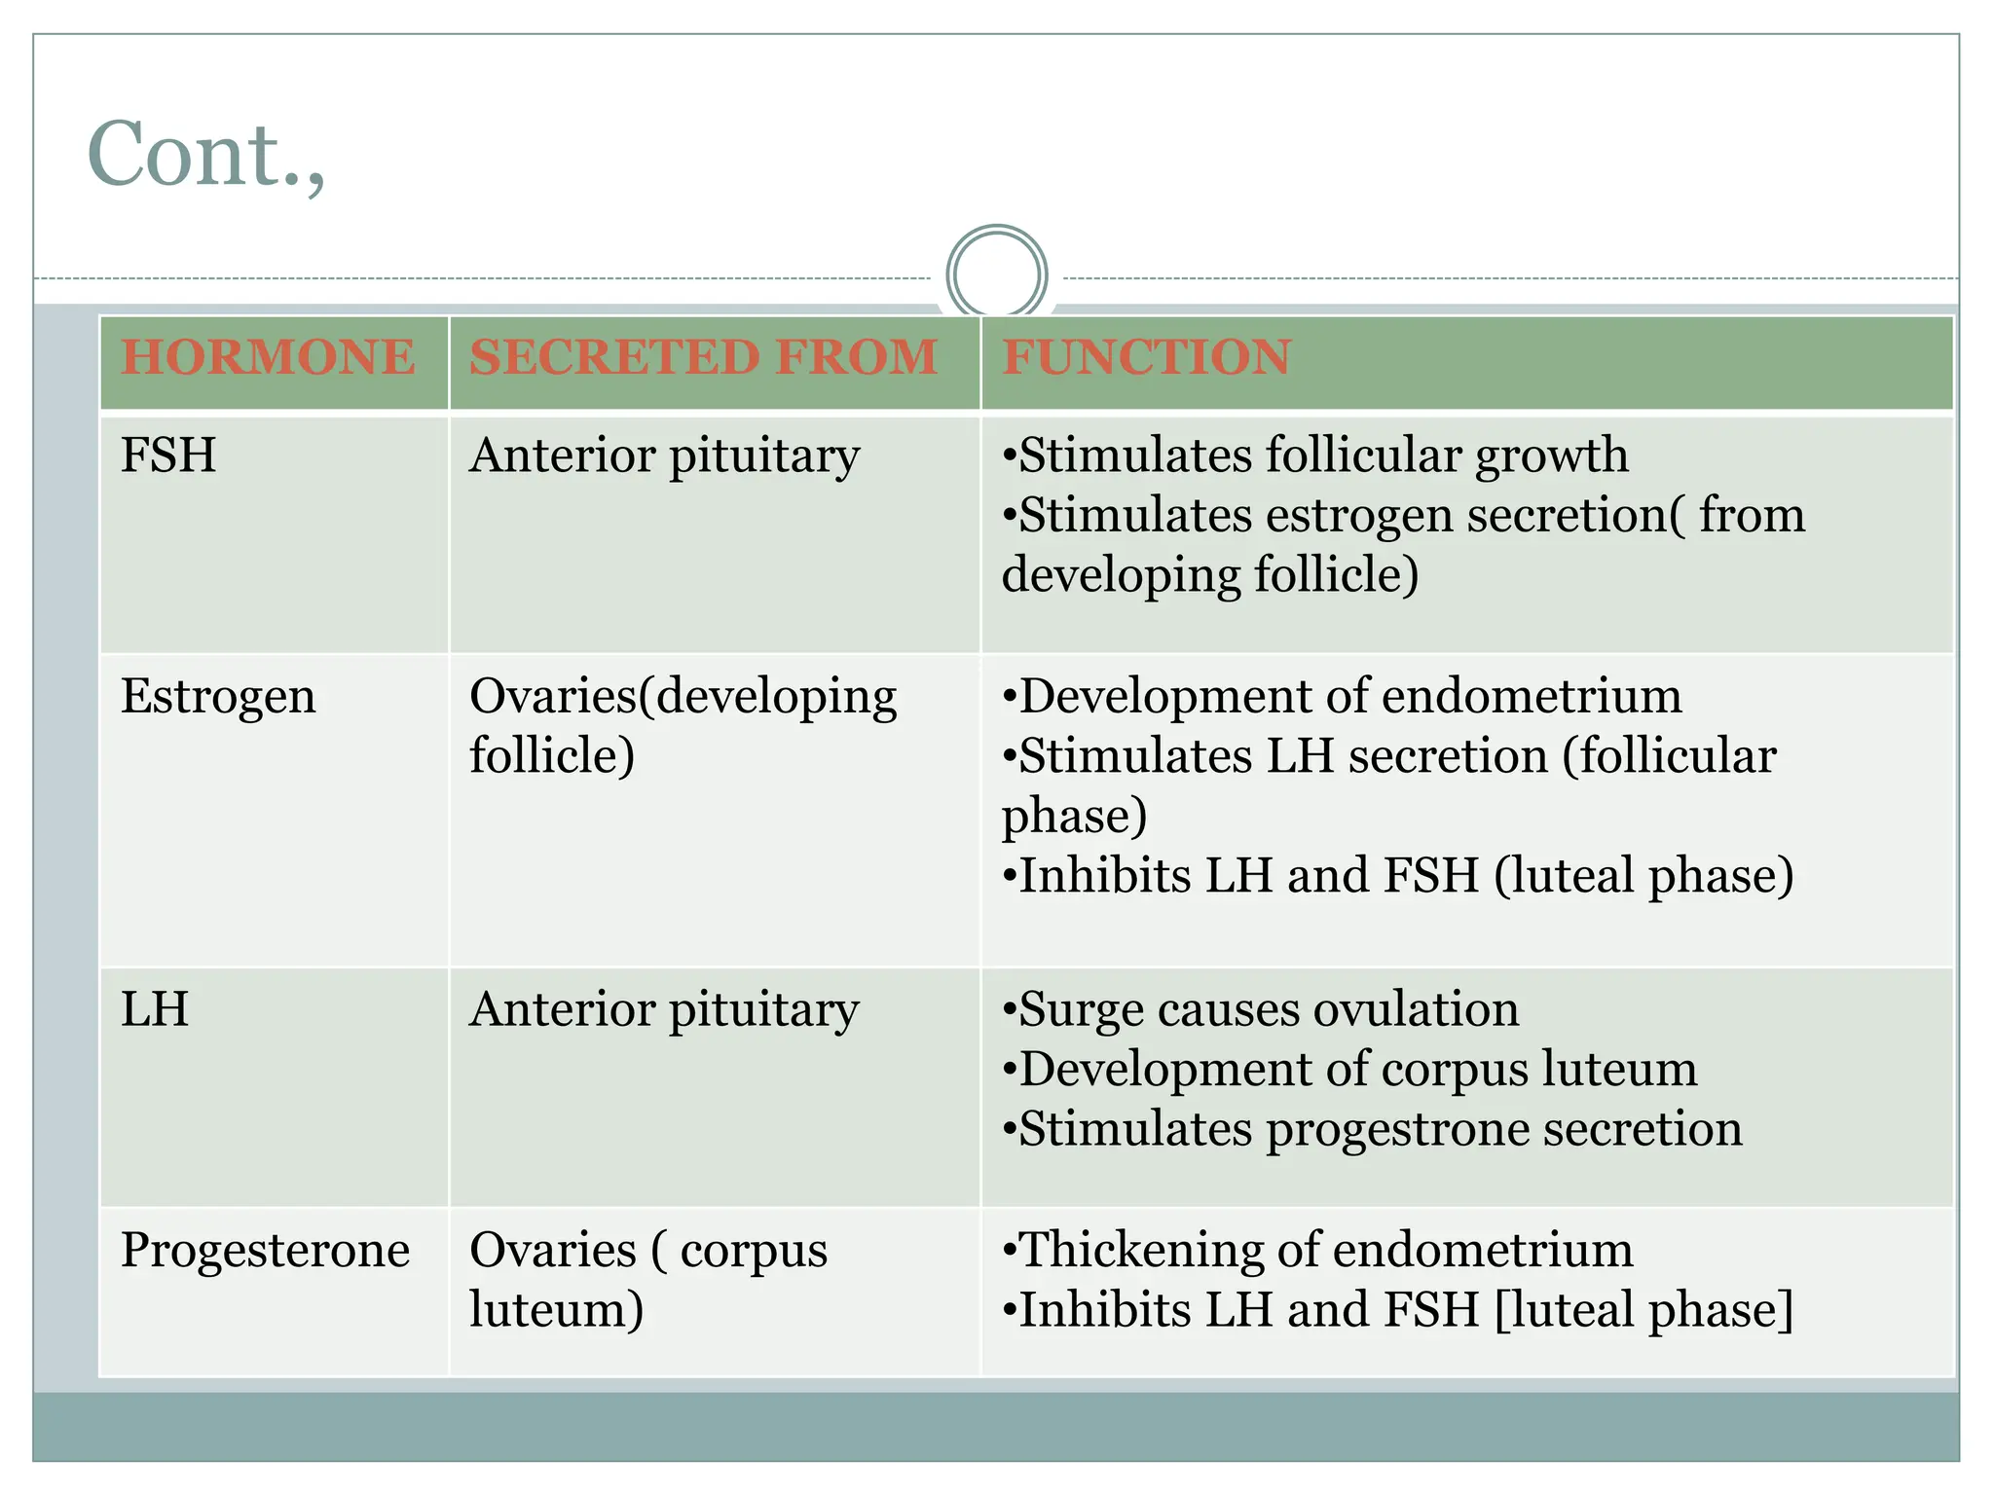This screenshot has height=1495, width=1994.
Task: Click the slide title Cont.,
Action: (205, 155)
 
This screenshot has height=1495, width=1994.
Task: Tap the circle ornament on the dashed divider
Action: (996, 274)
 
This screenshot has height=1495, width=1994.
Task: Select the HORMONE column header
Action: (268, 357)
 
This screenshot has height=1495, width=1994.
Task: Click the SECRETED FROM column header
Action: (703, 357)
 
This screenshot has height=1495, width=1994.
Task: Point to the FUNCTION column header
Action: (1146, 357)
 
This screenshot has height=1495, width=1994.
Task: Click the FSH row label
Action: (168, 456)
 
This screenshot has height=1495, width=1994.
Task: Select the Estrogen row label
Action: (218, 697)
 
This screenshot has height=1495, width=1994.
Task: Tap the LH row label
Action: (155, 1009)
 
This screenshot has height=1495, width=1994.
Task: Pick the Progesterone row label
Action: (265, 1250)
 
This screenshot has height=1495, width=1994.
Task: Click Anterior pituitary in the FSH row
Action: (664, 456)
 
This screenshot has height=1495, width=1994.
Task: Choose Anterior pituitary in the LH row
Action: (664, 1009)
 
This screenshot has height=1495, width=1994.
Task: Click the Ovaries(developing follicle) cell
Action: (682, 725)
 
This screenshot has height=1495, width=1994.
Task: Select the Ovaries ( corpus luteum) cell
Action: (647, 1279)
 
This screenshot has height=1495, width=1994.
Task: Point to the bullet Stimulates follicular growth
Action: (1314, 456)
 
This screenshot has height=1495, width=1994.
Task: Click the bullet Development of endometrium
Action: (1342, 697)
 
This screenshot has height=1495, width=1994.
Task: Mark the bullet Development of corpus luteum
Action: (1349, 1070)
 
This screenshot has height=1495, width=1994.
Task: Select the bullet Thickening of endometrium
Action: (1317, 1250)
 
